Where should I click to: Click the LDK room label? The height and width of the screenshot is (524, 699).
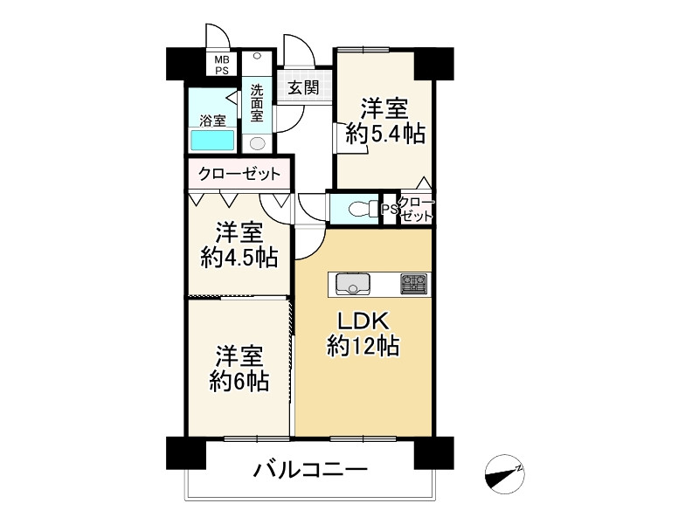(363, 320)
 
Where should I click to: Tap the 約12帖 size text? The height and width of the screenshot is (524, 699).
(363, 347)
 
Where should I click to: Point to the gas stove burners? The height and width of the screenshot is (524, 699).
(413, 284)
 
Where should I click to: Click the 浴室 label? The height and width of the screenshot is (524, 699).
(213, 119)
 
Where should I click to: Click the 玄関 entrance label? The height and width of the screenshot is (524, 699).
(304, 86)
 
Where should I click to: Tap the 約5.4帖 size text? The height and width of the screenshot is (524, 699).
(385, 133)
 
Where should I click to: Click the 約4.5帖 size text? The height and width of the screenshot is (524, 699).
(239, 258)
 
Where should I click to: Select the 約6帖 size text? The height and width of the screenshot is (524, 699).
(239, 381)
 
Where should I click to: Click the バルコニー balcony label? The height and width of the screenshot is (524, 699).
(310, 471)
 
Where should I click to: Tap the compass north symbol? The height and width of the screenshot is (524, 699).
(503, 474)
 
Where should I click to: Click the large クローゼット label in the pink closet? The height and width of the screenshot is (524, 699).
(239, 174)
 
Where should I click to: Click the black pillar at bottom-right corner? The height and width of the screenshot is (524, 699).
(434, 452)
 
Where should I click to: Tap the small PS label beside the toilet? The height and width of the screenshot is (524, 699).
(388, 210)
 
